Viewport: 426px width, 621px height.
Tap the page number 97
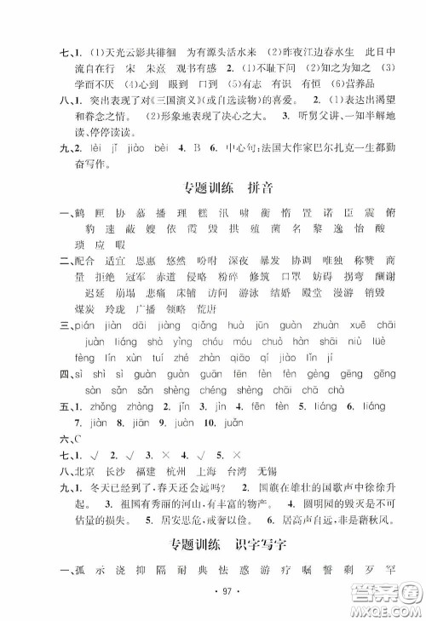[213, 589]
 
